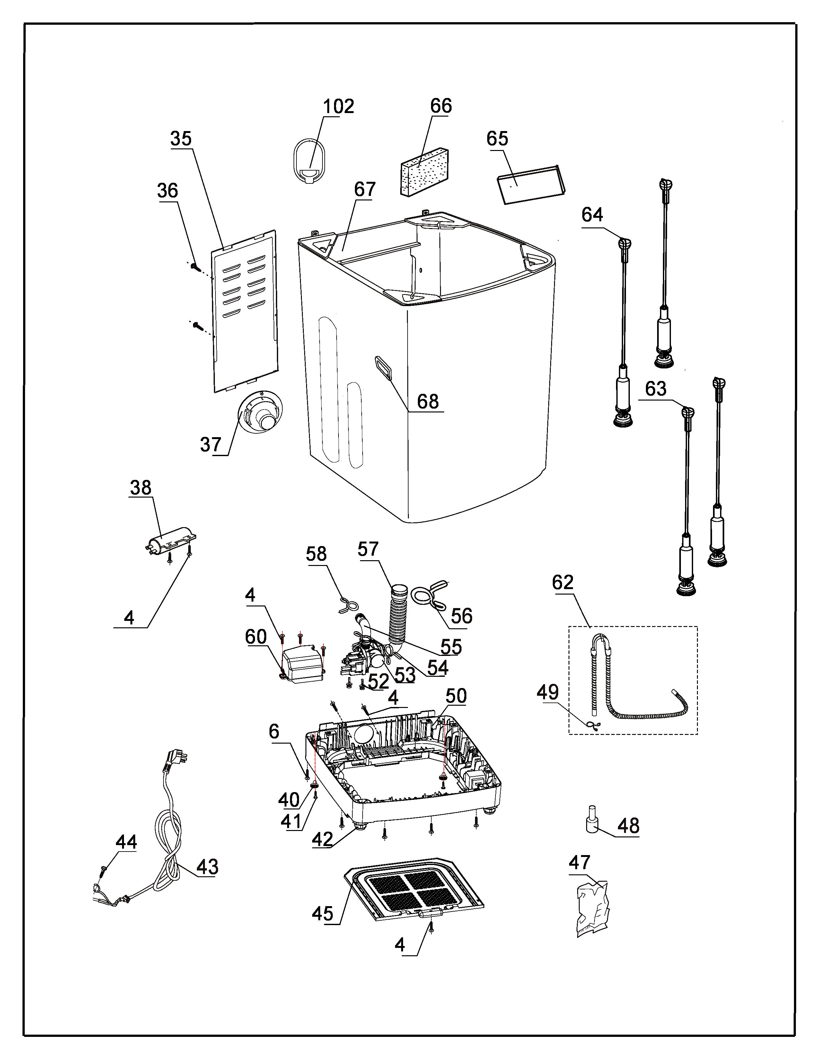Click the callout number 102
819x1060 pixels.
(x=339, y=106)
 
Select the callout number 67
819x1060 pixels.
(x=365, y=189)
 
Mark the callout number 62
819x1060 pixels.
(x=563, y=582)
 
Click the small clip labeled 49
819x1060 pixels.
(x=594, y=726)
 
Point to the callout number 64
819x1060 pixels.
(x=593, y=215)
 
